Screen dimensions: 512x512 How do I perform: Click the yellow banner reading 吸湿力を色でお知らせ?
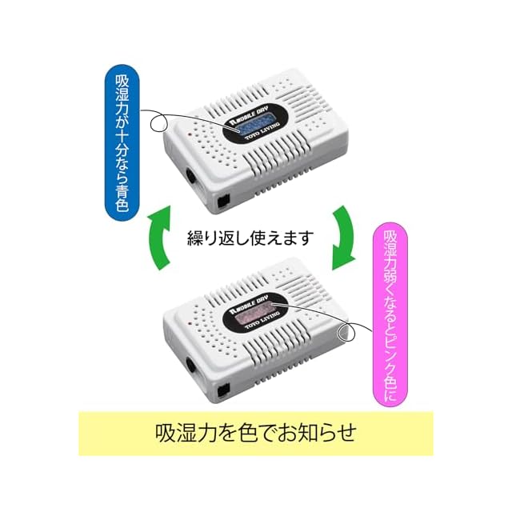coord(255,433)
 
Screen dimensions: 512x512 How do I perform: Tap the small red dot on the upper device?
coord(186,137)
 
